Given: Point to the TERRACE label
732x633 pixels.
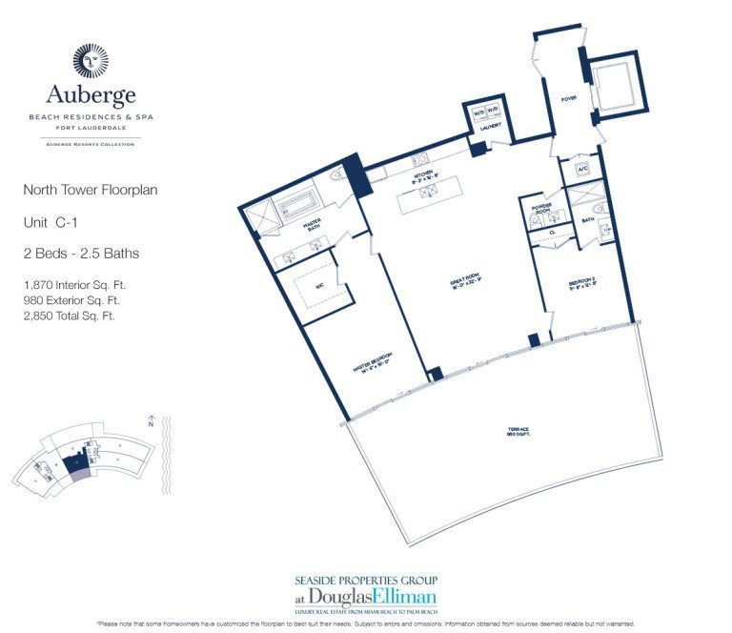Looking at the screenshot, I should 518,432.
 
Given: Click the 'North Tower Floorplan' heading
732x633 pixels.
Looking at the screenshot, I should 91,190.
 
